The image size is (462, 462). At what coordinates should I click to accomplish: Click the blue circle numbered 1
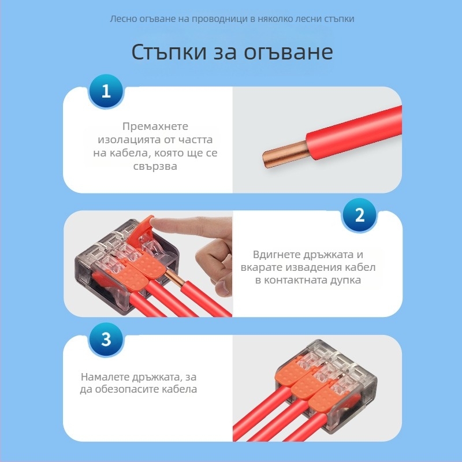point(106,91)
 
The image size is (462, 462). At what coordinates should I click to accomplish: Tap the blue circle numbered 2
point(359,216)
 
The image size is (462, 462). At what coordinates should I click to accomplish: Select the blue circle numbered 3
point(106,339)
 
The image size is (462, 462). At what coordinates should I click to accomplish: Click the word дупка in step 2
point(344,280)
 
